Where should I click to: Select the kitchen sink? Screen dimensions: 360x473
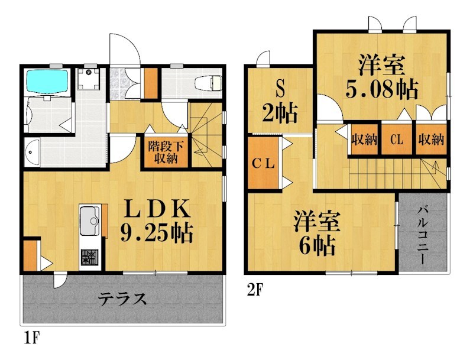(x=90, y=219)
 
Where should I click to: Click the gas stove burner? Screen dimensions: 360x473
(x=90, y=257)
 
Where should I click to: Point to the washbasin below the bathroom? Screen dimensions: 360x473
(x=32, y=153)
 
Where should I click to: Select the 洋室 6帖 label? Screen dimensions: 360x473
(x=318, y=233)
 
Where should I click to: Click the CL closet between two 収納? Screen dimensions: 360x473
(x=397, y=140)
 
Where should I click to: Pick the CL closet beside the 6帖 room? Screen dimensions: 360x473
(x=263, y=164)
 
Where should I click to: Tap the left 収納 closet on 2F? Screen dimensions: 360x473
(x=364, y=140)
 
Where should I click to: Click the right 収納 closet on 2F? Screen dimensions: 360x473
(x=430, y=140)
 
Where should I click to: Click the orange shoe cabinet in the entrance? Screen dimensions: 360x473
(x=151, y=83)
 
